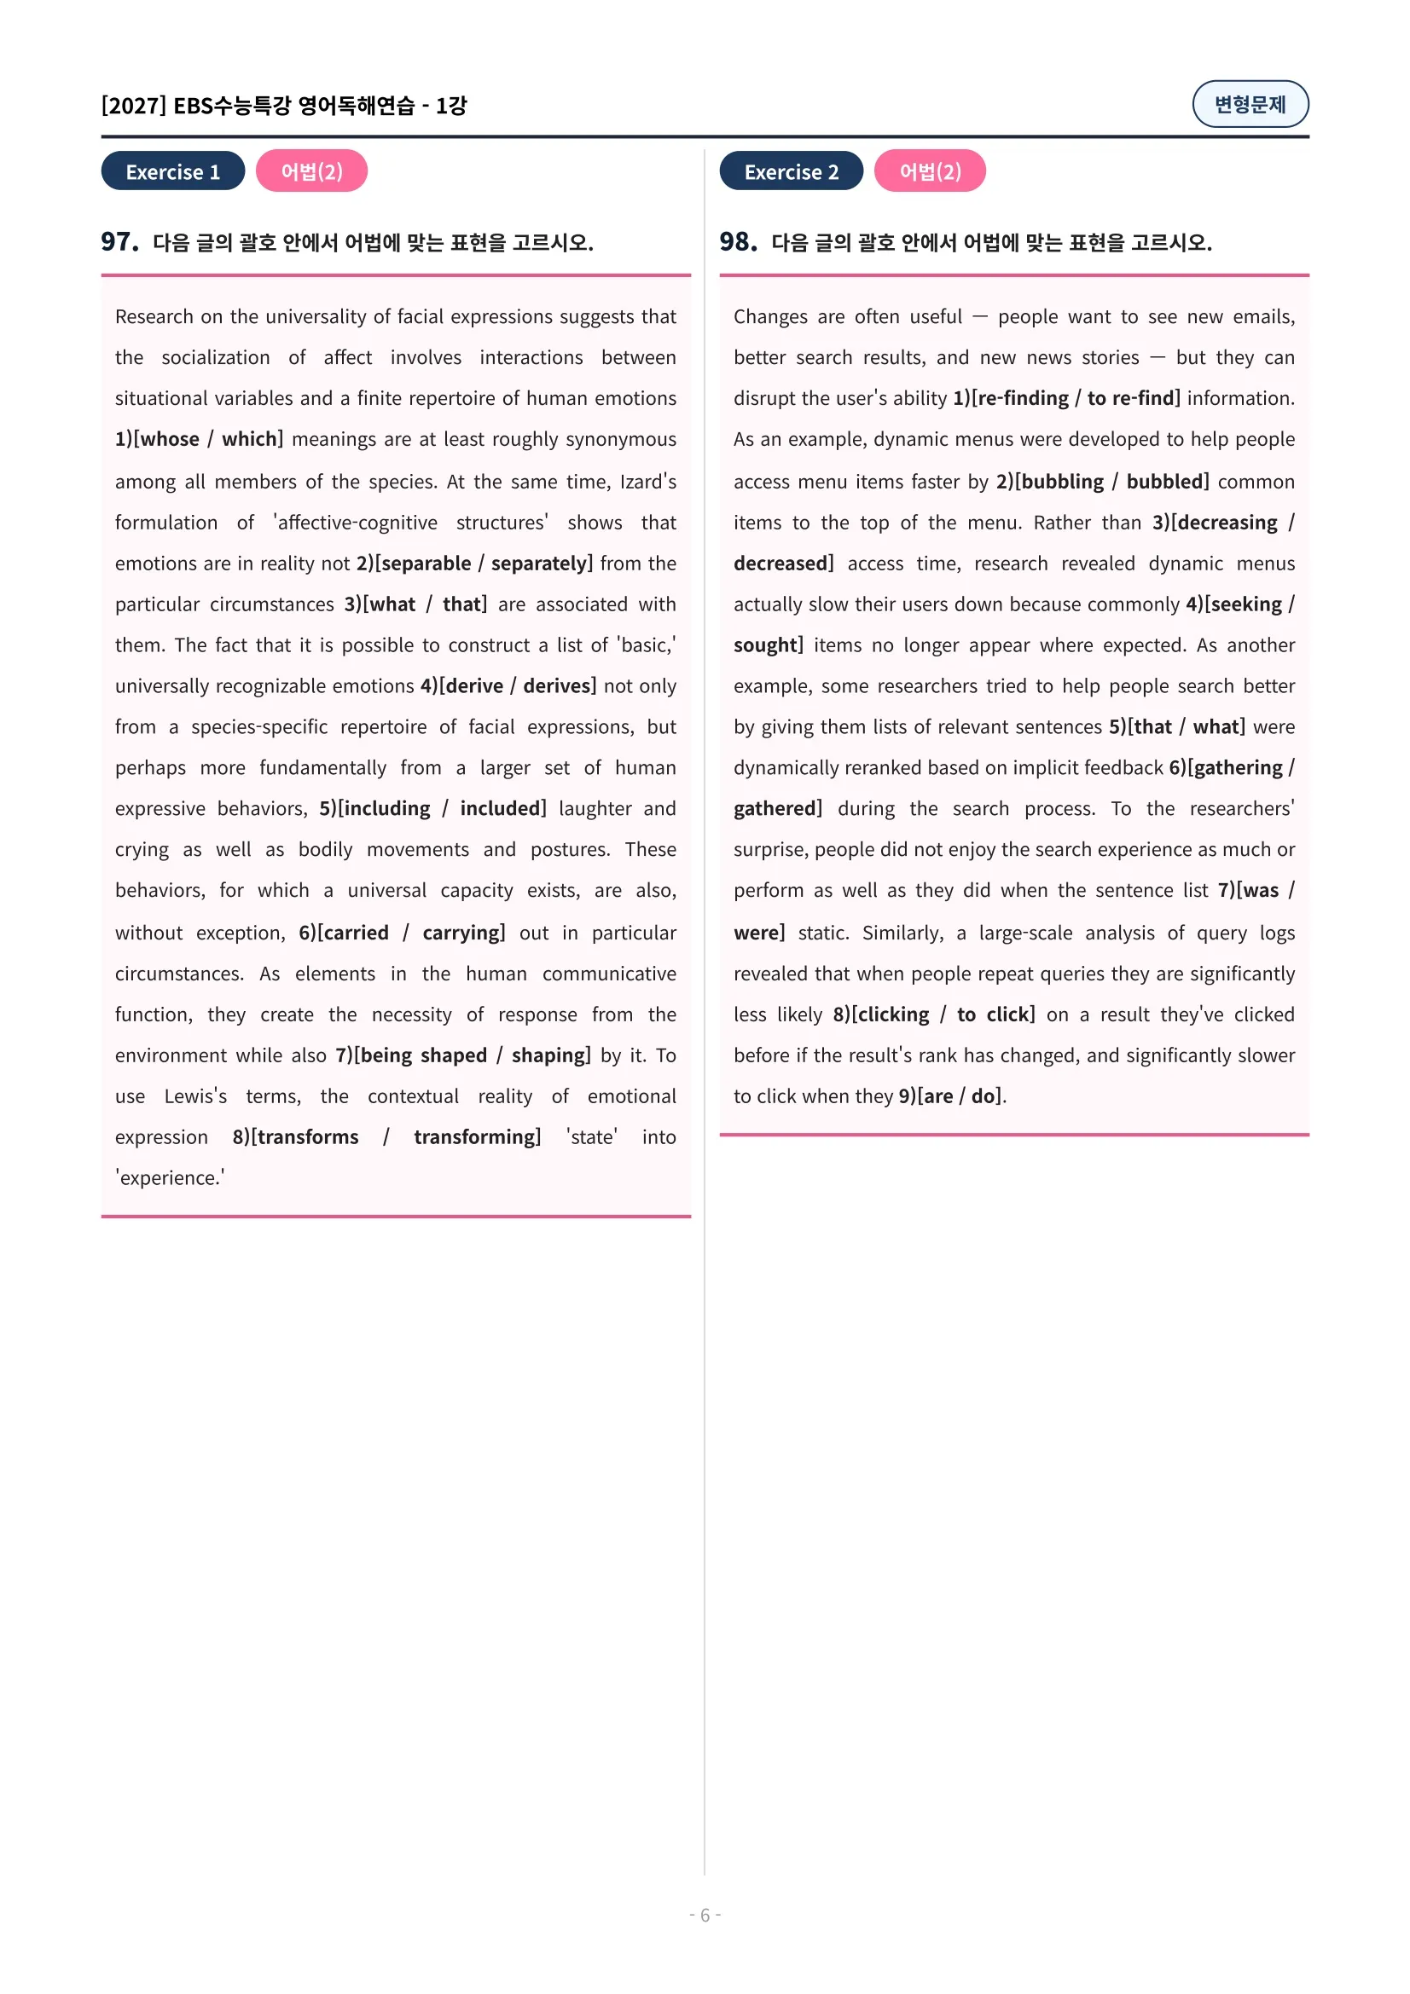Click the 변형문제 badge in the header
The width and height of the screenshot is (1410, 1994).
point(1250,104)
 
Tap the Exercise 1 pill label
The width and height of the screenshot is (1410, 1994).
point(173,171)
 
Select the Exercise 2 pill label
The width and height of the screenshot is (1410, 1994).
point(791,171)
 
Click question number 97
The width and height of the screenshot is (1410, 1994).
point(119,241)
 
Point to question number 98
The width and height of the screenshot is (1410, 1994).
point(738,241)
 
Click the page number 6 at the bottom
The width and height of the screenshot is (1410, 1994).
point(705,1914)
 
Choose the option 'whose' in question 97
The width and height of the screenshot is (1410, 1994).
point(169,439)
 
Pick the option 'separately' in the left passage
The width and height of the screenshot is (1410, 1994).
point(539,564)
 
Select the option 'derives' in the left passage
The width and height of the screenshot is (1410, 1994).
point(558,686)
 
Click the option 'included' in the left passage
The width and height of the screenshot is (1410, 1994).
point(502,808)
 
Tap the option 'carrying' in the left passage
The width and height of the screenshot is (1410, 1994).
point(461,933)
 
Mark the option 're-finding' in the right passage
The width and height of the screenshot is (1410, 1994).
point(1023,399)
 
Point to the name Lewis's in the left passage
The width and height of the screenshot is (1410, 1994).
point(195,1096)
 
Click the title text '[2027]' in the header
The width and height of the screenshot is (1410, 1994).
point(133,106)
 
